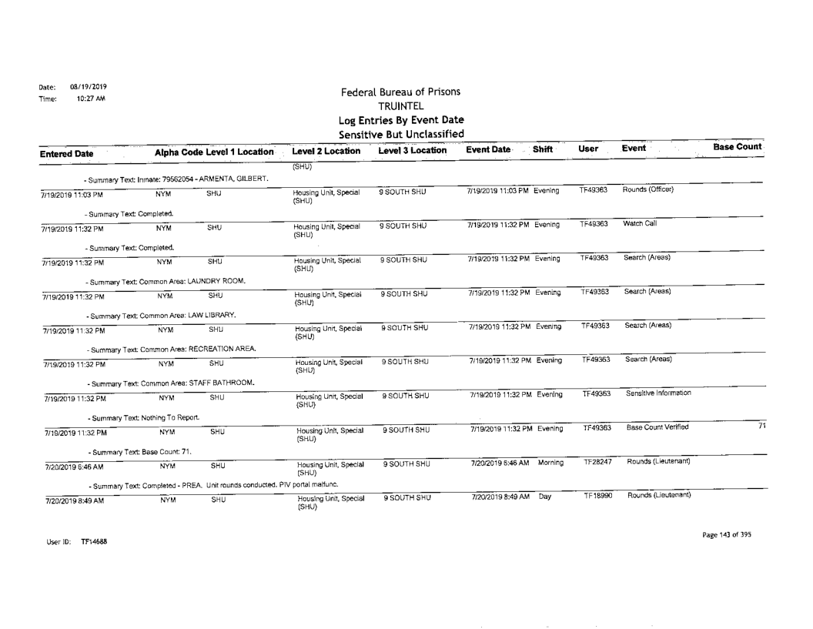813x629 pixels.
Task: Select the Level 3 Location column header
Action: pos(413,152)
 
